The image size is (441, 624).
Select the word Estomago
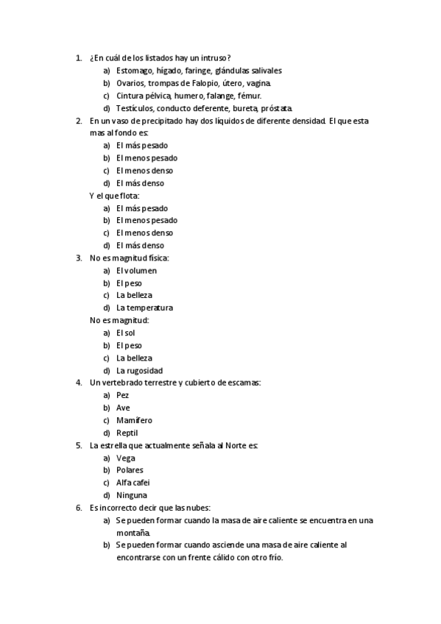pos(135,71)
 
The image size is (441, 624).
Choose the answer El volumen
pos(136,271)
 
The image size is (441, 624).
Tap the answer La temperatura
pos(144,308)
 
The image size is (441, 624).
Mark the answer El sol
pos(126,333)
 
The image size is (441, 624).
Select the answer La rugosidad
pos(140,371)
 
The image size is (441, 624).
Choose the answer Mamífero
pos(134,420)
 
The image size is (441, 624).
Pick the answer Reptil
pos(127,433)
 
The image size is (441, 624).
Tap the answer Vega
pos(126,458)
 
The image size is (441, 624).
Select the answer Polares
pos(130,470)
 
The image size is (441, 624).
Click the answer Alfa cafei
pos(132,483)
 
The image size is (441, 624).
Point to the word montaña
pos(133,533)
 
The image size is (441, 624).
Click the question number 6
pos(78,508)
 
